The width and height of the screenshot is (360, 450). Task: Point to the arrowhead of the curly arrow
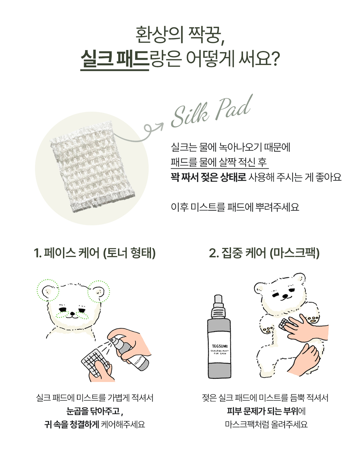pos(160,126)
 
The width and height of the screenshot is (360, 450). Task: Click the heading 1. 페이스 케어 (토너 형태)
pos(95,253)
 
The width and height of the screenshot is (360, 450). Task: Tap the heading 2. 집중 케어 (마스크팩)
pos(264,253)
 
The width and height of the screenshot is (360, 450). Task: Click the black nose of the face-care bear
pos(72,313)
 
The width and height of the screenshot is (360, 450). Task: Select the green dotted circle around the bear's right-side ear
pos(99,291)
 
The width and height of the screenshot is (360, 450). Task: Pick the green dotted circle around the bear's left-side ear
pos(48,290)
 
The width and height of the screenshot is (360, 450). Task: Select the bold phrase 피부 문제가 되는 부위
pos(262,411)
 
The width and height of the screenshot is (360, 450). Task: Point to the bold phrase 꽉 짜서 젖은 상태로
pos(208,177)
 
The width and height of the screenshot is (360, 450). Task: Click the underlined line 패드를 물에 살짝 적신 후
pos(219,162)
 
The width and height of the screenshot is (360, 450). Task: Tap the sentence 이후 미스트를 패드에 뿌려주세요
pos(235,207)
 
